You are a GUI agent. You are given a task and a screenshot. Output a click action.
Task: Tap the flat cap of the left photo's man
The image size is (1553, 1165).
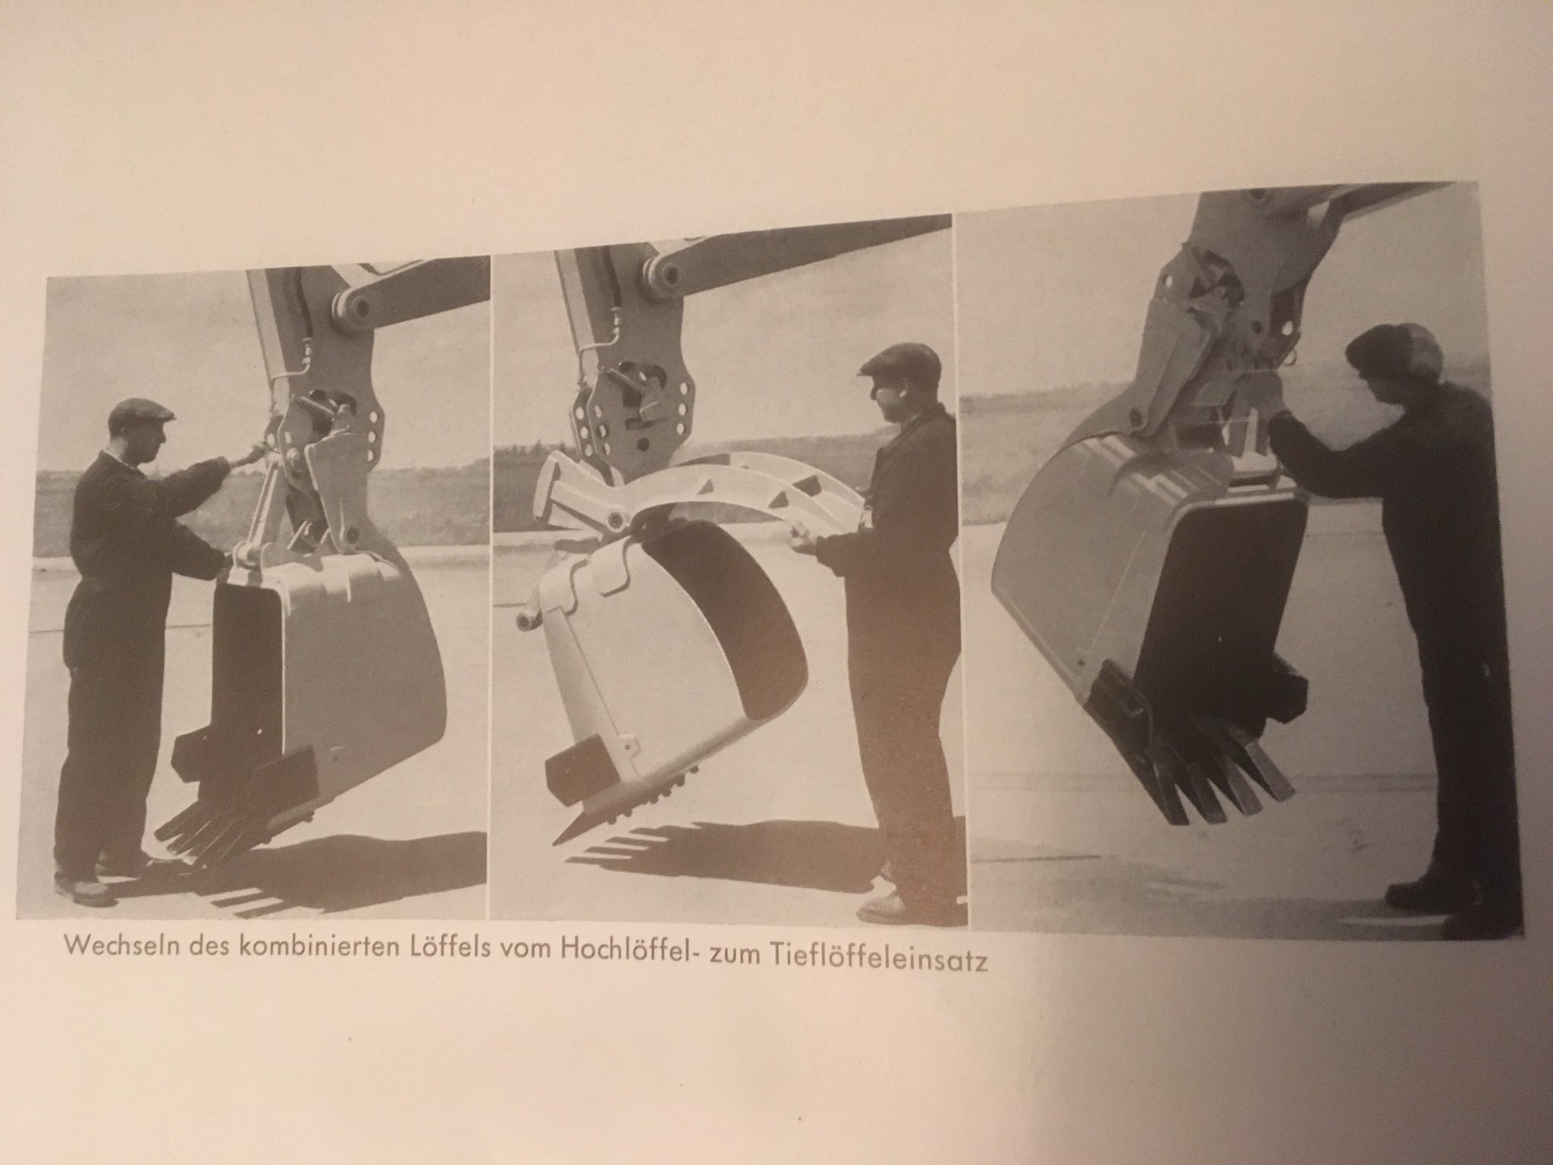140,410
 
